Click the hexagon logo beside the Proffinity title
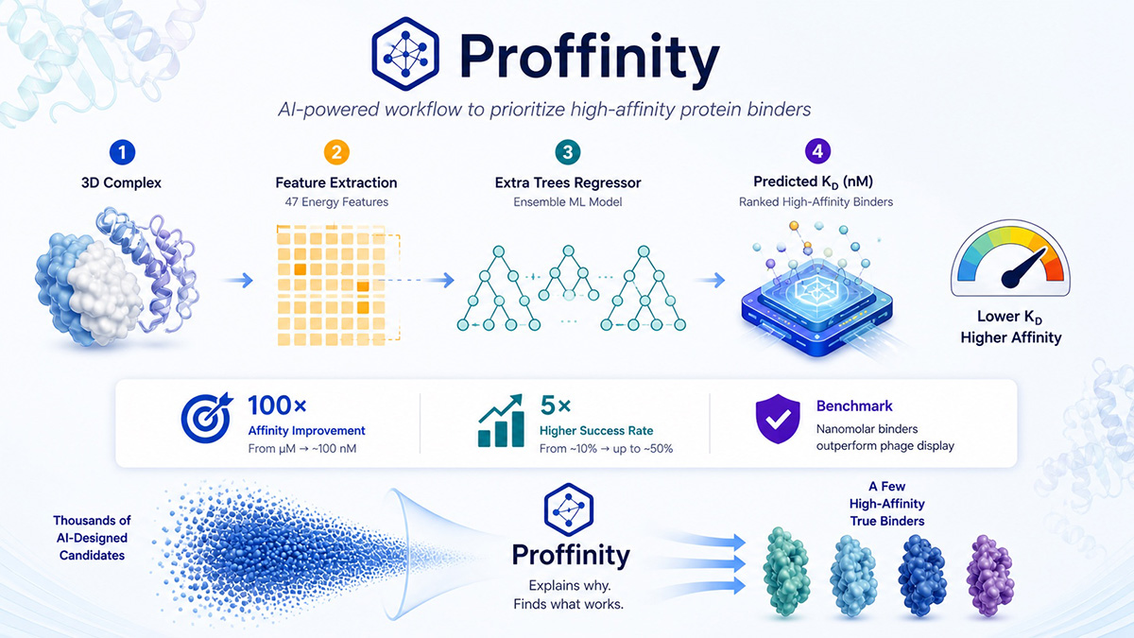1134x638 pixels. (x=405, y=54)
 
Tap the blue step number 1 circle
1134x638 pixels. (x=122, y=152)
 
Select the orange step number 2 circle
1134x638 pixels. (x=336, y=152)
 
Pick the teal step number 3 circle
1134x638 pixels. (x=568, y=152)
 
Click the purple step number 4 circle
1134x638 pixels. (x=817, y=151)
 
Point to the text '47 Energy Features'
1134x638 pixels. (x=336, y=202)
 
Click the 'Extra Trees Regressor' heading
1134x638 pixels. (x=568, y=182)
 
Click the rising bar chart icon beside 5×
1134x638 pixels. (x=501, y=422)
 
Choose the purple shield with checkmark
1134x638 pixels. (x=778, y=419)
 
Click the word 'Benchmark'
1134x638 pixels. (x=854, y=406)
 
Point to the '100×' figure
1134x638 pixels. (x=277, y=405)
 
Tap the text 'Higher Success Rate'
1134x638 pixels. (x=596, y=430)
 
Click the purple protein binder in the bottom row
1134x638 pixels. (x=989, y=576)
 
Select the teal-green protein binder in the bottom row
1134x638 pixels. (x=786, y=572)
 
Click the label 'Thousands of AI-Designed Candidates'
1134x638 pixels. (x=93, y=538)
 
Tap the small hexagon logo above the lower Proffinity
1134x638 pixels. (x=569, y=509)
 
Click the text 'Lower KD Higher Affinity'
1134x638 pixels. (x=1010, y=327)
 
